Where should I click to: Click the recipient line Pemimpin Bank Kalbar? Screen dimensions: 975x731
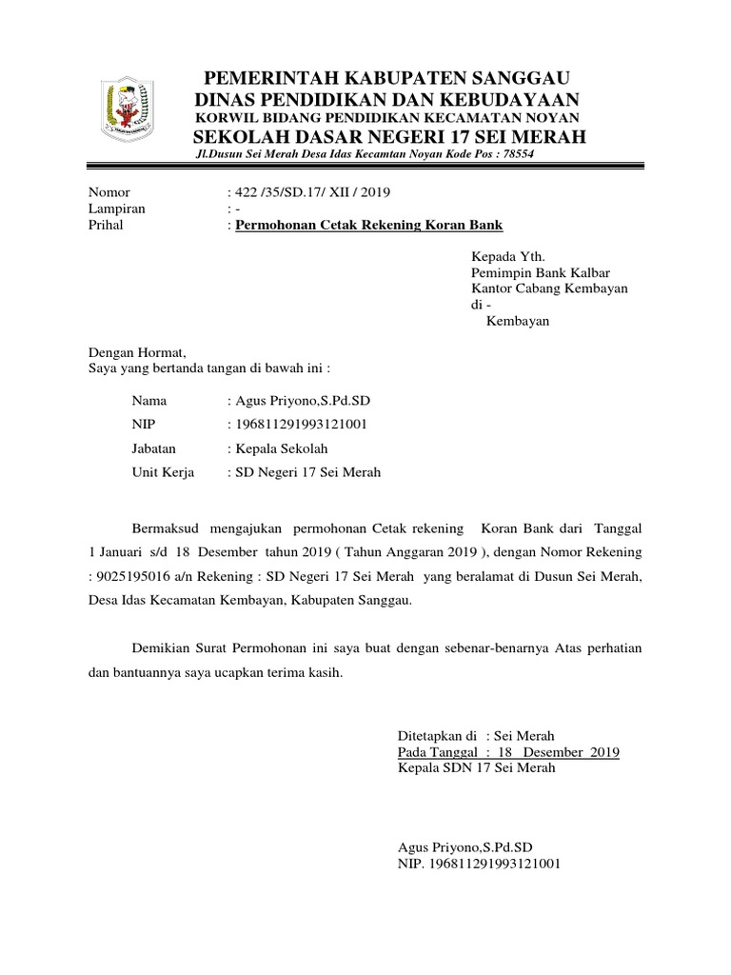542,272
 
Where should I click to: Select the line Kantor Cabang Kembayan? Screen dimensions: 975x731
550,289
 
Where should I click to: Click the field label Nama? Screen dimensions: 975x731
149,401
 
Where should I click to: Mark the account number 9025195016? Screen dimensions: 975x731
134,576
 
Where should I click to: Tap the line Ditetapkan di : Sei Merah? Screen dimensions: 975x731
475,736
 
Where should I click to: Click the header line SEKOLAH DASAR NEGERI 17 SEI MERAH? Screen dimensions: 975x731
389,137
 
